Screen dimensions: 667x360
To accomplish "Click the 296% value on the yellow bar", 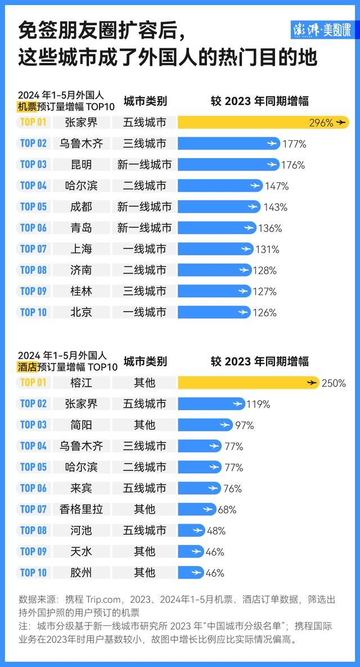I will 321,122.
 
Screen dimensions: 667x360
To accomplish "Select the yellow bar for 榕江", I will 248,382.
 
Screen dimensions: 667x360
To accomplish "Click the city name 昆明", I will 82,164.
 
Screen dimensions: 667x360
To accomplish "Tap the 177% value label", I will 294,143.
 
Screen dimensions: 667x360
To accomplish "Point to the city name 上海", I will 82,249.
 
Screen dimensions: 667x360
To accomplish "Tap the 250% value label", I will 334,383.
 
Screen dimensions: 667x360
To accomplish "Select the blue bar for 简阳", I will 205,425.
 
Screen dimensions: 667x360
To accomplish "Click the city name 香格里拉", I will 82,509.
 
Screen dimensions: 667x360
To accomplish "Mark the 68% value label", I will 227,510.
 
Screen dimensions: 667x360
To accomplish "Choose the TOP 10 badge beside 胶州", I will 33,573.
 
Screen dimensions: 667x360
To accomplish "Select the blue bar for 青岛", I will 217,228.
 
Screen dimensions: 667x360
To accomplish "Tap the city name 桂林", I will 82,291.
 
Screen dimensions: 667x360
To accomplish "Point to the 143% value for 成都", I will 275,207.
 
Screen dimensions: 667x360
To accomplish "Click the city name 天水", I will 82,551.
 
